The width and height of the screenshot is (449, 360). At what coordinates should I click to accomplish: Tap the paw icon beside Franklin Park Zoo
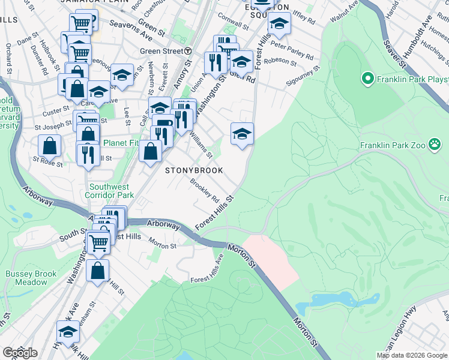(x=435, y=145)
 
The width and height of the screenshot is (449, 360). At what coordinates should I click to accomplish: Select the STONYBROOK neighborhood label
(x=194, y=170)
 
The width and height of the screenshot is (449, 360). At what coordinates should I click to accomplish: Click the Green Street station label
(x=161, y=51)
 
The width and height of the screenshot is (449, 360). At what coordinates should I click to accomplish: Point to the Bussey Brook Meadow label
(x=31, y=278)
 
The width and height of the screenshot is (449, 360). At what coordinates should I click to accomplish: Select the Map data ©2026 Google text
(x=412, y=355)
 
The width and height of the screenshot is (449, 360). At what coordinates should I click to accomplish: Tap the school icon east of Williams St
(x=242, y=133)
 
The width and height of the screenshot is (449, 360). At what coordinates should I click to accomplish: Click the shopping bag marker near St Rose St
(x=49, y=145)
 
